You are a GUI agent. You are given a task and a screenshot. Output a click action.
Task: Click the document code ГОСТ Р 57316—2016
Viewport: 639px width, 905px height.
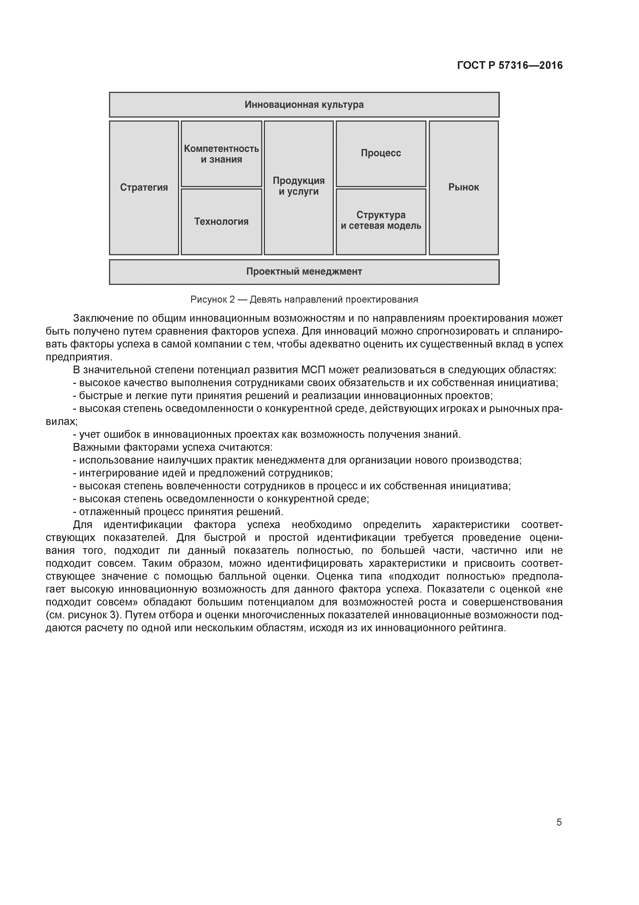pyautogui.click(x=510, y=66)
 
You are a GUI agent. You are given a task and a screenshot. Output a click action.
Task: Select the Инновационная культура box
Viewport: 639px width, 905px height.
pyautogui.click(x=304, y=105)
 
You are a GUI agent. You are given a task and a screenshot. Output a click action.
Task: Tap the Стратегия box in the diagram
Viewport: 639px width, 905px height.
pyautogui.click(x=144, y=188)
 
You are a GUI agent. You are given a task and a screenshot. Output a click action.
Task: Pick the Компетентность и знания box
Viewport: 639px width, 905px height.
pyautogui.click(x=221, y=154)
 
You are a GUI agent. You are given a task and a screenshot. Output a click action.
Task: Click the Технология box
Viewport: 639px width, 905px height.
pyautogui.click(x=221, y=222)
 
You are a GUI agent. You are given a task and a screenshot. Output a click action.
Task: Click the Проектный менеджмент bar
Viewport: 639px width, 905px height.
pyautogui.click(x=304, y=272)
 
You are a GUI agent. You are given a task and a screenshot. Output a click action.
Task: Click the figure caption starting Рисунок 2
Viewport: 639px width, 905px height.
pyautogui.click(x=304, y=300)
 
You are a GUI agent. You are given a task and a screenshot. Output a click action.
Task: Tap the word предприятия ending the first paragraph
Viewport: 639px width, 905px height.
pyautogui.click(x=79, y=357)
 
